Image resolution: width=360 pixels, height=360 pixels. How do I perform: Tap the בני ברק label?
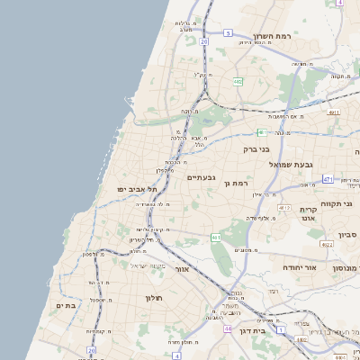[257, 150]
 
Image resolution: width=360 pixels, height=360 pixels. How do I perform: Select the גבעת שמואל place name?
[316, 165]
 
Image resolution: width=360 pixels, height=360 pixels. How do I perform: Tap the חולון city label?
[150, 295]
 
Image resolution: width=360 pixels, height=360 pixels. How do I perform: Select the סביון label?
[347, 235]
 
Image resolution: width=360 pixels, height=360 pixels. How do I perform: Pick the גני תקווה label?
[341, 203]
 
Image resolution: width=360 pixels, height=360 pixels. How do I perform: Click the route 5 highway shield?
[229, 33]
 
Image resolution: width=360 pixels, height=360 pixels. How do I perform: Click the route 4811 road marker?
[334, 112]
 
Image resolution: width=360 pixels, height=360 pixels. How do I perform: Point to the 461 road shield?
[216, 238]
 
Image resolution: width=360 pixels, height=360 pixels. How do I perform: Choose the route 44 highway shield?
[228, 330]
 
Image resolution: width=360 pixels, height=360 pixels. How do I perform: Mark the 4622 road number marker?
[327, 244]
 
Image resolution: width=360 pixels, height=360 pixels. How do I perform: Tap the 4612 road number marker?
[284, 208]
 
